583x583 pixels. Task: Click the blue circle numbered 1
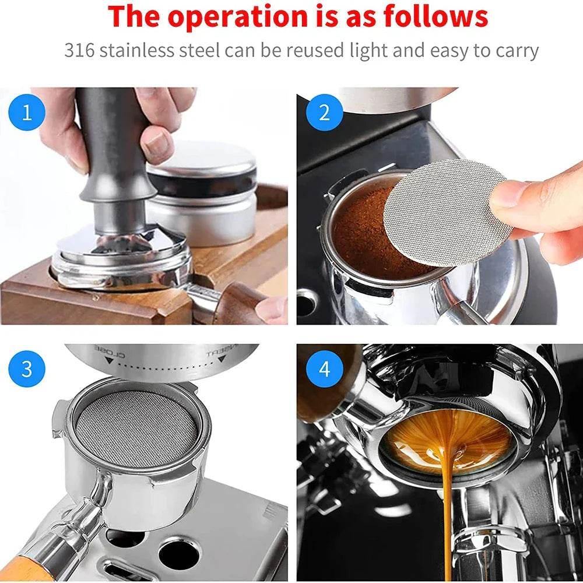(27, 113)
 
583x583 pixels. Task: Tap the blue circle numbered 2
(324, 113)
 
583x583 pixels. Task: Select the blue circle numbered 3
(27, 369)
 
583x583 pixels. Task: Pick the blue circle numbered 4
(324, 369)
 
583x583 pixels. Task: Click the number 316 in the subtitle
(79, 50)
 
